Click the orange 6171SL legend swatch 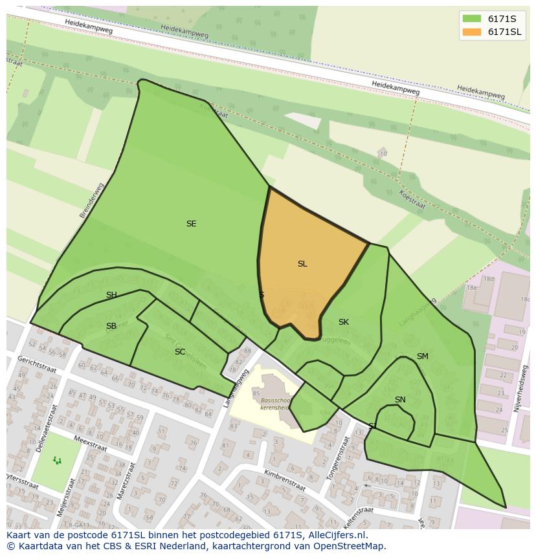(x=472, y=32)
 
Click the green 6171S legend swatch (x=472, y=19)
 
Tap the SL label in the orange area (x=302, y=264)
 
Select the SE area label (x=191, y=224)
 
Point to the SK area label (x=344, y=322)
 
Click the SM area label (x=423, y=356)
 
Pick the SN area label (x=400, y=400)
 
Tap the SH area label (x=111, y=295)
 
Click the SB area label (x=111, y=326)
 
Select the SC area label (x=180, y=352)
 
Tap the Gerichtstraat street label (x=37, y=364)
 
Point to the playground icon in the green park (x=57, y=461)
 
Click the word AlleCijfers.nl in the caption (x=332, y=536)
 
